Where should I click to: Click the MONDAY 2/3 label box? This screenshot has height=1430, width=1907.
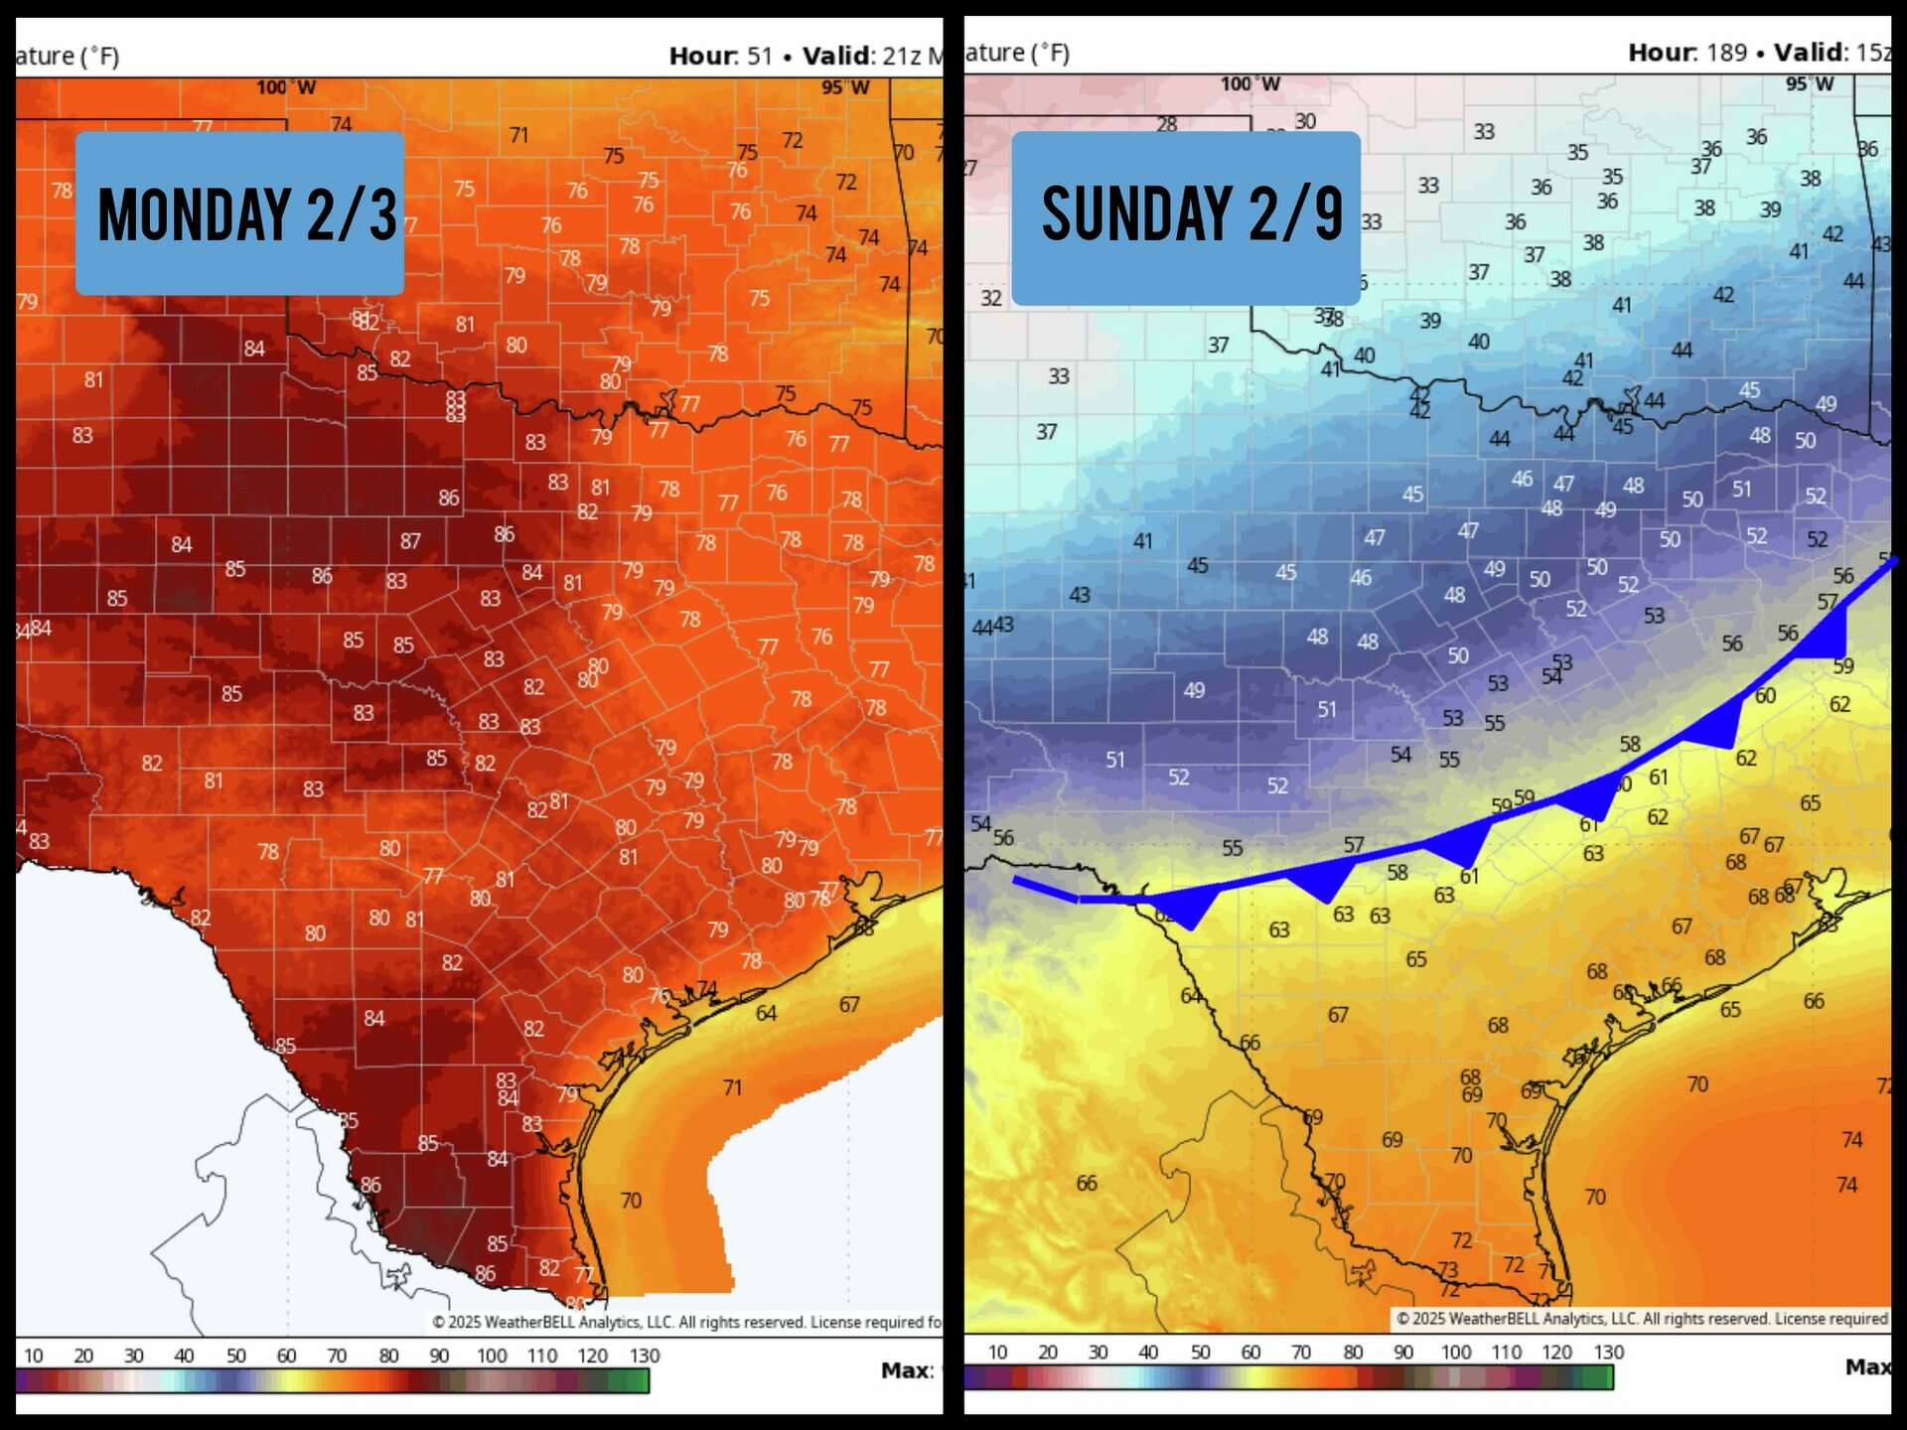tap(239, 214)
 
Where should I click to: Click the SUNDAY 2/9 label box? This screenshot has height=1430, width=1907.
tap(1186, 216)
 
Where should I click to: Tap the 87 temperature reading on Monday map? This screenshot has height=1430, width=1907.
tap(410, 541)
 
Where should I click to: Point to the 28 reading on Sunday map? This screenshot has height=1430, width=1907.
tap(1167, 124)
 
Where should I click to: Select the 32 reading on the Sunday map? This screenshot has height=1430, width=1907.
tap(991, 298)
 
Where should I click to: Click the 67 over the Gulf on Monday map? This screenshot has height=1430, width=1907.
tap(849, 1004)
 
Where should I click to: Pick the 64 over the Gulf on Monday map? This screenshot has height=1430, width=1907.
tap(766, 1013)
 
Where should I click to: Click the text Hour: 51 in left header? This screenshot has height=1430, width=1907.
tap(720, 56)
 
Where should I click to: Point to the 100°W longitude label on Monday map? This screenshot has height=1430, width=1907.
tap(285, 88)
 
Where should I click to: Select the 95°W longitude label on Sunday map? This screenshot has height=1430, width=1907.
tap(1810, 84)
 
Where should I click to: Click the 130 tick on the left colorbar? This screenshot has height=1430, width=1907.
tap(644, 1356)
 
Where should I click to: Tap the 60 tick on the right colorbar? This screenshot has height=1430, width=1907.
tap(1250, 1353)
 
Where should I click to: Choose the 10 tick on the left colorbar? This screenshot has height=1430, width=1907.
tap(33, 1356)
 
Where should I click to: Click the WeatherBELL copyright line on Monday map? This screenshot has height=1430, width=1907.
tap(685, 1322)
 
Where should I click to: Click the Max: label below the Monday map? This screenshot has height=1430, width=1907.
tap(907, 1371)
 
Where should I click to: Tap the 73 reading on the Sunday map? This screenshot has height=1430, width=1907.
tap(1448, 1269)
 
